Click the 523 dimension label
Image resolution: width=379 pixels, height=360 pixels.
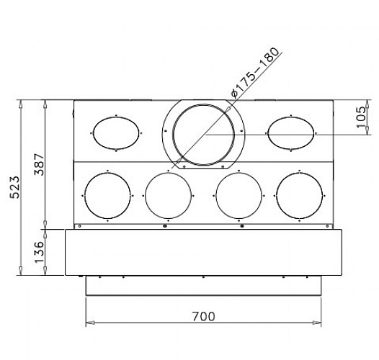click(x=14, y=187)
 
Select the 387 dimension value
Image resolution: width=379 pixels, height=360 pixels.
click(x=39, y=164)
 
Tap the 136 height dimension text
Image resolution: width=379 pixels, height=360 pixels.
click(x=39, y=252)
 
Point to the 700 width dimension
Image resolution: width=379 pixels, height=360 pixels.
click(x=203, y=317)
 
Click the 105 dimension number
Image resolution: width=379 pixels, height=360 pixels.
click(x=362, y=117)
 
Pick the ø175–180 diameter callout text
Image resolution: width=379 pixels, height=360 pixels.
click(x=255, y=73)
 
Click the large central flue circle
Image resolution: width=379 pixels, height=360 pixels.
click(x=203, y=104)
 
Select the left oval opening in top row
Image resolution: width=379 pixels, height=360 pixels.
click(x=93, y=133)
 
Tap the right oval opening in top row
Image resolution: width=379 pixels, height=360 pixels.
click(x=267, y=133)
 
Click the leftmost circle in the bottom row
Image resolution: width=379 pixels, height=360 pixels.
click(x=84, y=196)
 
